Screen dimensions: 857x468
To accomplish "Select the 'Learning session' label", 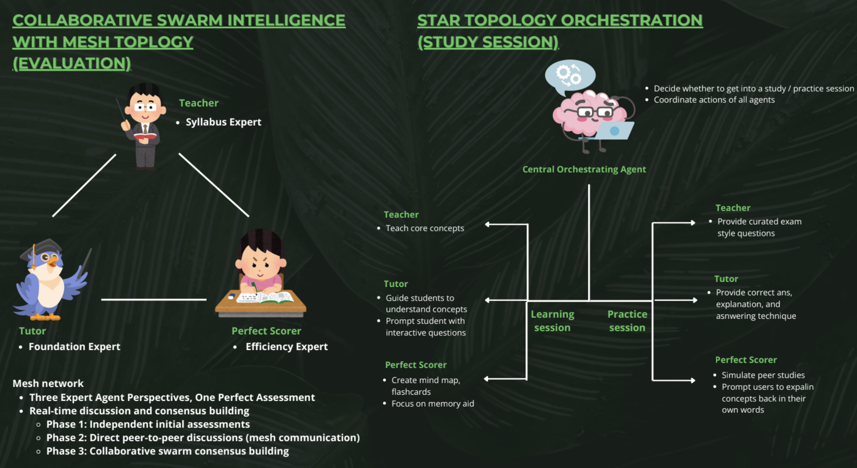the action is pos(552,321).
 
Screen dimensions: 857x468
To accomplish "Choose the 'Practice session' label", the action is pos(627,321).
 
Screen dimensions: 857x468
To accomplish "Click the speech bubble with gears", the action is pos(570,75).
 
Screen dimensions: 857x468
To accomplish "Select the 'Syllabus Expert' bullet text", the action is pos(223,122).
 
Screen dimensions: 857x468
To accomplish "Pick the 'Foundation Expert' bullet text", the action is pos(74,347).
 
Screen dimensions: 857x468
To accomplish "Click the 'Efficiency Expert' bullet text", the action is pos(286,347).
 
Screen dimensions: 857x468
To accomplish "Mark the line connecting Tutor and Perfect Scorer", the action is pos(154,300).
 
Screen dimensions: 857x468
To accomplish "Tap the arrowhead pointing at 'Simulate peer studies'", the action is pos(693,380).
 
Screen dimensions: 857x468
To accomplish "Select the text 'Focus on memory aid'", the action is pos(433,404).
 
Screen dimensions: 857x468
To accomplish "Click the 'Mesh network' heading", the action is pos(48,383).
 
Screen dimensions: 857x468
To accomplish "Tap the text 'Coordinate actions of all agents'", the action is pos(714,100).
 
